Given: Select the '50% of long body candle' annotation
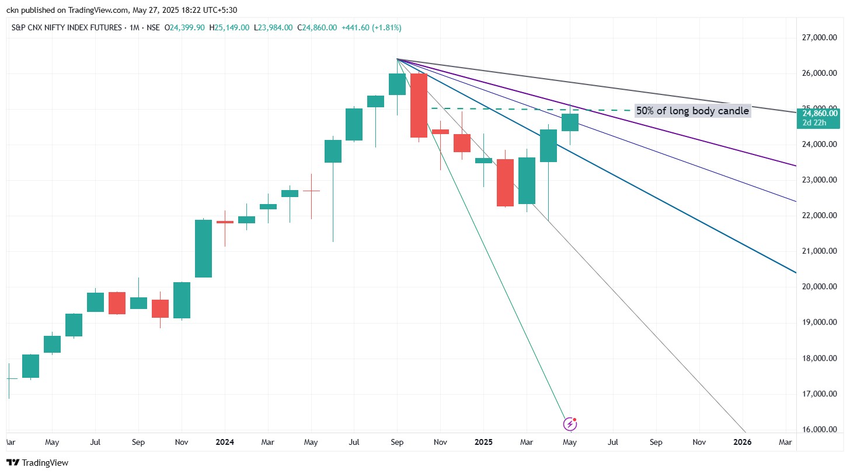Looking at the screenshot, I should [x=692, y=111].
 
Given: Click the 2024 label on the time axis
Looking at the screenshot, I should [x=224, y=442].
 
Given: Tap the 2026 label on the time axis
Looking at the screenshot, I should [x=742, y=442].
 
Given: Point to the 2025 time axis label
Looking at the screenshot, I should [x=483, y=442].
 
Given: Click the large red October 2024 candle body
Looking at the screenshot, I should [x=419, y=105].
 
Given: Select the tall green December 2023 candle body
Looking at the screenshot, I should [x=203, y=248].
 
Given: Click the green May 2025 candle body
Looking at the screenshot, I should [x=570, y=122].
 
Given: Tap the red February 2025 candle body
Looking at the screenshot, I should [x=505, y=182].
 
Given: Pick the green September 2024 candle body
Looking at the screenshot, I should [x=397, y=85].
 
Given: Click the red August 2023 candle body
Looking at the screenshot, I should [x=117, y=303].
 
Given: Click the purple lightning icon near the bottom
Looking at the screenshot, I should [x=570, y=424].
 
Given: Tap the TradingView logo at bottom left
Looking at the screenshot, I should [x=37, y=463].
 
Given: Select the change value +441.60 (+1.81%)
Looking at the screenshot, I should [x=371, y=27].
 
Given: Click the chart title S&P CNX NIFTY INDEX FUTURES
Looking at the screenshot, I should [x=67, y=27].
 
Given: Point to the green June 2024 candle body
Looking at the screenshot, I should [x=333, y=151].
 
